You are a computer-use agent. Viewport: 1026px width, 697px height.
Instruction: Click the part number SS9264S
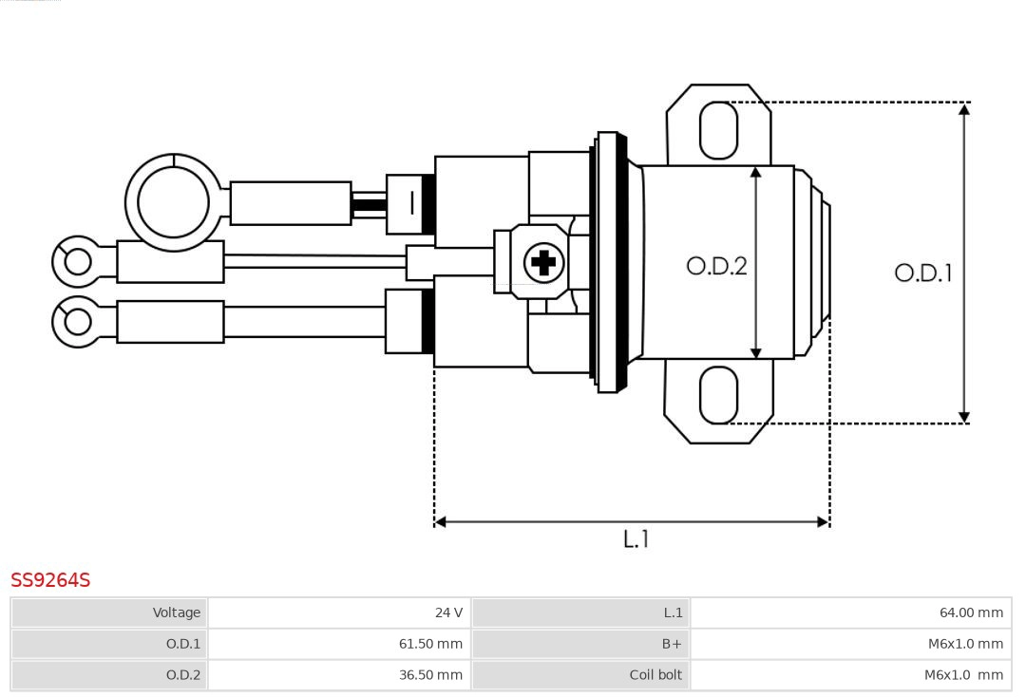[x=50, y=580]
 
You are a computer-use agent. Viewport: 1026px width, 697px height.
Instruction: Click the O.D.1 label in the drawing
[x=922, y=273]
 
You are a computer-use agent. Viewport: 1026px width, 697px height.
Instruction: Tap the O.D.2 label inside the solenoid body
[x=716, y=266]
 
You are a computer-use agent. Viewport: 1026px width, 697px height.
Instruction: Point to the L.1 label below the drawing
[x=636, y=538]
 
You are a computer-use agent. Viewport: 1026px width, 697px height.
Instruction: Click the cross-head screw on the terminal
[x=543, y=262]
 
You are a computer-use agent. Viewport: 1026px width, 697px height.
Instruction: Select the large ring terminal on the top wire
[x=173, y=202]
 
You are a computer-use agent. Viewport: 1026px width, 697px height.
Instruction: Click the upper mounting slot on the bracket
[x=718, y=130]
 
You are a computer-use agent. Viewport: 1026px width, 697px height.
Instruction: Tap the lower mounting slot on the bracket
[x=718, y=395]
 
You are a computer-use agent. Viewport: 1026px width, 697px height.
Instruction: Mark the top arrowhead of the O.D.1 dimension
[x=964, y=108]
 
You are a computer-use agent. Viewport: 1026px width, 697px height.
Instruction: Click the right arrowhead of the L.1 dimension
[x=823, y=521]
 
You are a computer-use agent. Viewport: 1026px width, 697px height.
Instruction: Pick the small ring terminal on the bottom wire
[x=77, y=322]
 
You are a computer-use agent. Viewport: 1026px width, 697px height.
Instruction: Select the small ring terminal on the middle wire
[x=77, y=261]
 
